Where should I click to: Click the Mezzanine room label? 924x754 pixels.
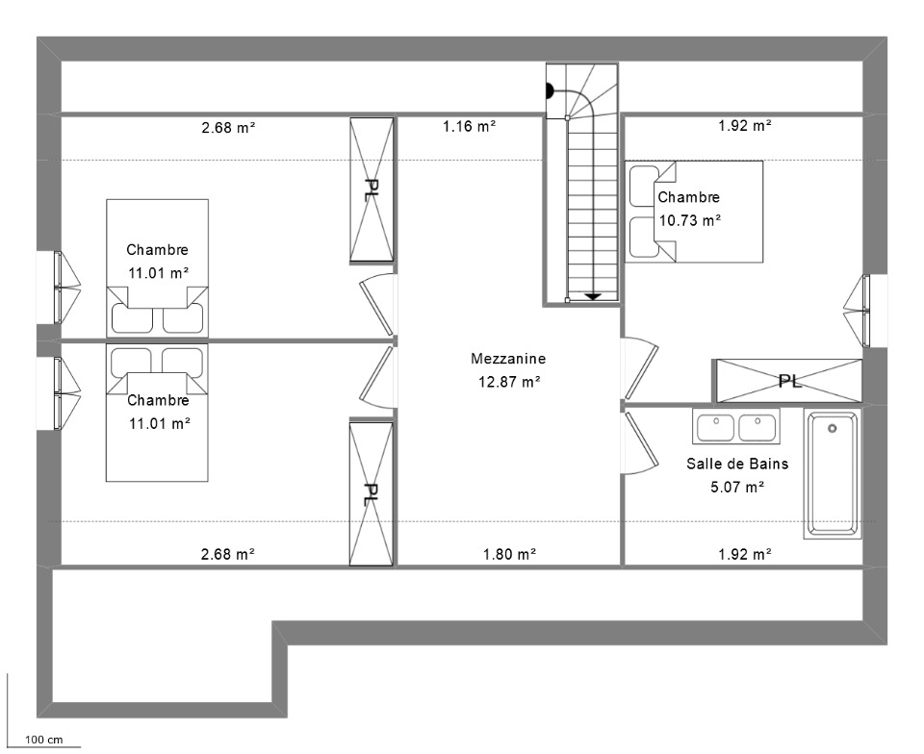coord(508,359)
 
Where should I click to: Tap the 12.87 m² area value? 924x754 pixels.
coord(509,382)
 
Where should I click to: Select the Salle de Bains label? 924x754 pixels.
coord(737,464)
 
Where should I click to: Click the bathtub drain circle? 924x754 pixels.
coord(832,429)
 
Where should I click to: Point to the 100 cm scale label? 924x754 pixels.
coord(43,740)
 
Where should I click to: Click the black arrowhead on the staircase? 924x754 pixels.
coord(593,296)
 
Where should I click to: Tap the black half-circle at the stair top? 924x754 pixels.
coord(550,91)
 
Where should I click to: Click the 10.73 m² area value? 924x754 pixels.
coord(690,221)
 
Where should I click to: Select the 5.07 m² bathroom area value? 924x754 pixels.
coord(737,488)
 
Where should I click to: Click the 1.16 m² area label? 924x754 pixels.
coord(469,126)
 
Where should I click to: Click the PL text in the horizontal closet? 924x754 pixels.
coord(790,382)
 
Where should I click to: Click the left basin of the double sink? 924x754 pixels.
coord(715,427)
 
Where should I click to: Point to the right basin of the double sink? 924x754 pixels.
coord(757,427)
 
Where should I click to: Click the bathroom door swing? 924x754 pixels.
coord(642,442)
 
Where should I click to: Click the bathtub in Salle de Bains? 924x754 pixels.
coord(832,474)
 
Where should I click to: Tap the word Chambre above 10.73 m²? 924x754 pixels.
coord(689,197)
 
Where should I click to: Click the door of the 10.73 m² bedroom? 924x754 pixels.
coord(641,368)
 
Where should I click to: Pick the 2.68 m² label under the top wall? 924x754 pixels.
coord(228,127)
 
